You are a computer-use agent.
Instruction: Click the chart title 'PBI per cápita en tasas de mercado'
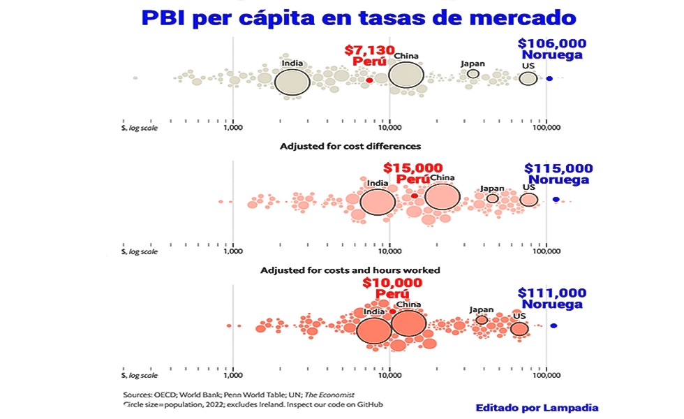[362, 17]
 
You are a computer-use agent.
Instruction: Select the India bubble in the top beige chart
[292, 82]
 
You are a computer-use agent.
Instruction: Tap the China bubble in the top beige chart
[406, 75]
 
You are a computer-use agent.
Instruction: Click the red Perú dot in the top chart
[369, 80]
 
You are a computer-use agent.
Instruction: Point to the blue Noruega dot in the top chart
[549, 79]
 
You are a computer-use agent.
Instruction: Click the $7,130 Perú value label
[369, 51]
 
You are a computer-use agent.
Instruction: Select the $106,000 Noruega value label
[552, 43]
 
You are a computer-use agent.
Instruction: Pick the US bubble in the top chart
[528, 78]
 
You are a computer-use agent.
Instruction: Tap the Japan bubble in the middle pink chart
[492, 198]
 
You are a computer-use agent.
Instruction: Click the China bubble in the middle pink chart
[443, 196]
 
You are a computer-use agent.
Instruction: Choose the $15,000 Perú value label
[413, 168]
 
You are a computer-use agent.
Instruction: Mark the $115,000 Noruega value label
[558, 168]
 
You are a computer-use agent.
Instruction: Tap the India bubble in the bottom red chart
[374, 330]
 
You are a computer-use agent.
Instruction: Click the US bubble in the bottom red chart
[519, 328]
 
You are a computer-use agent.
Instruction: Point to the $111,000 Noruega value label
[552, 293]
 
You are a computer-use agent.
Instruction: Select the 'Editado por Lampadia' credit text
[537, 408]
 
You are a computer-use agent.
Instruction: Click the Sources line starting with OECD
[238, 395]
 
